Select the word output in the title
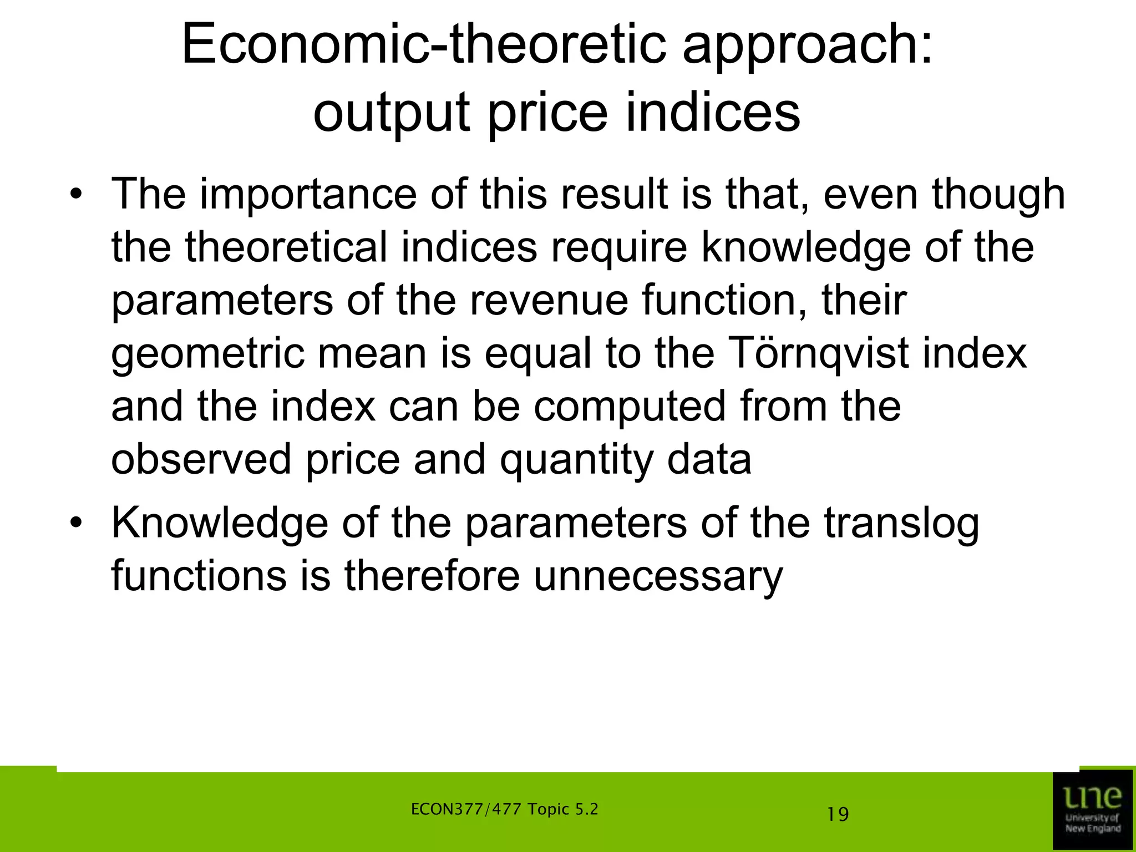click(392, 113)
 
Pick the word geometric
click(207, 354)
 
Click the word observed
click(201, 459)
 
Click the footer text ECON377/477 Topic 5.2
click(504, 809)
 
